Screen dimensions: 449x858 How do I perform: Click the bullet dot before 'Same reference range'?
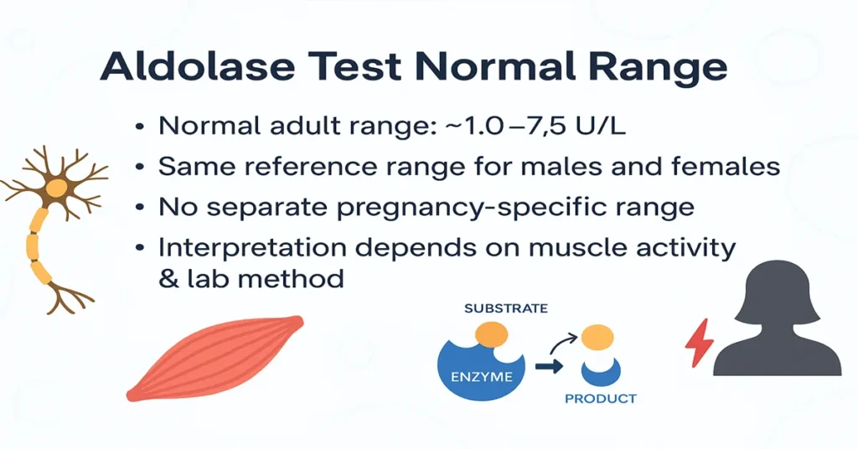click(139, 167)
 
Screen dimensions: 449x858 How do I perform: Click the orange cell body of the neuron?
click(56, 189)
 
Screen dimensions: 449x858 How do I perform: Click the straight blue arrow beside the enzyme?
click(549, 365)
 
